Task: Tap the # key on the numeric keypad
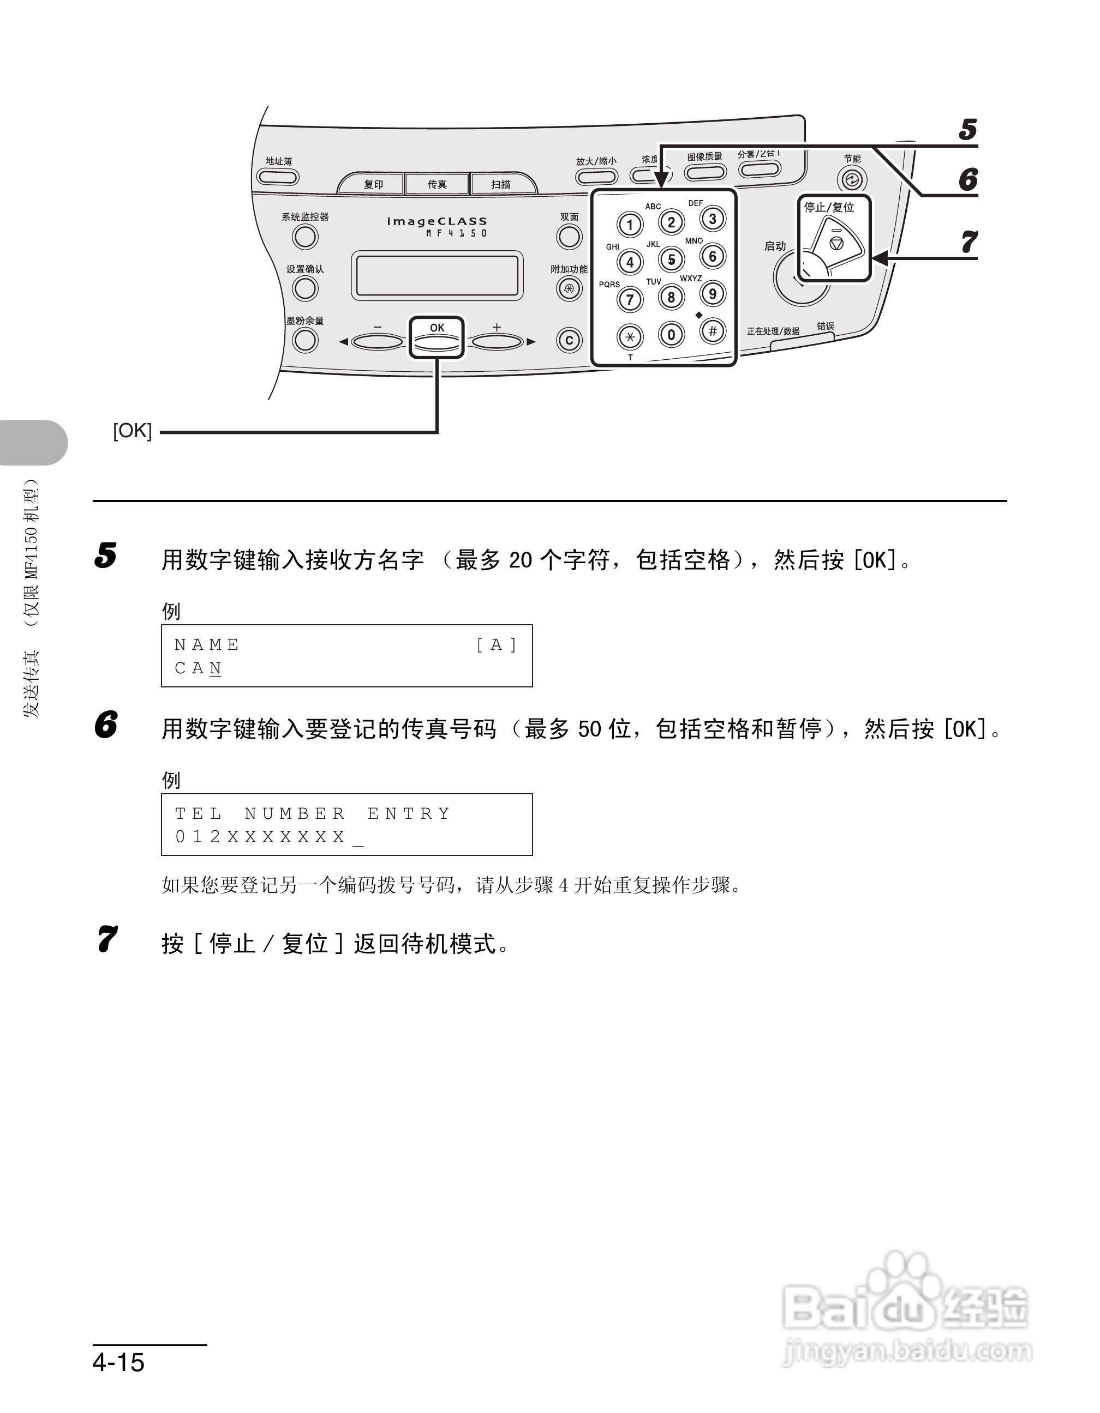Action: click(712, 331)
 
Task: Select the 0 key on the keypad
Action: click(671, 335)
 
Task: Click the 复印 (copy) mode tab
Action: click(373, 184)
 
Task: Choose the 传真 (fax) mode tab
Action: click(437, 184)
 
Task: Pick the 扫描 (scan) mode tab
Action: click(500, 184)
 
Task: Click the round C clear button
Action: click(569, 340)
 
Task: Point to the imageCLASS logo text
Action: click(437, 221)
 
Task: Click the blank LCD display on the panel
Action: click(437, 276)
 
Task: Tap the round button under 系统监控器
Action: click(305, 237)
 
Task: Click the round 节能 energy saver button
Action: click(852, 179)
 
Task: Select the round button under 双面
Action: click(569, 237)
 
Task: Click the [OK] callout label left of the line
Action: click(132, 431)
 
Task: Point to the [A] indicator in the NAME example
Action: click(496, 644)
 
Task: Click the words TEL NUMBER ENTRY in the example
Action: click(313, 813)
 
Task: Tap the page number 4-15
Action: click(118, 1362)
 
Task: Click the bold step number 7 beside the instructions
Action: click(107, 939)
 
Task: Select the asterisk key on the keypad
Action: click(629, 336)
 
